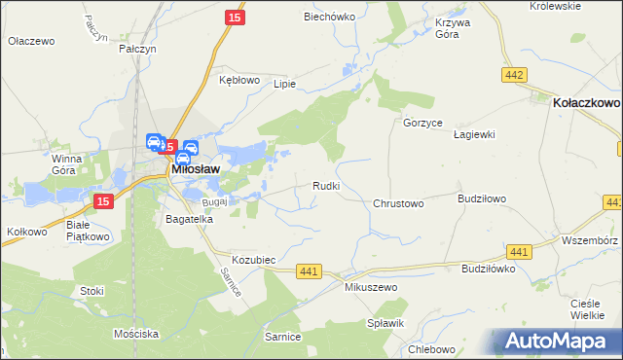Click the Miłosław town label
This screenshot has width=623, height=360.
coord(200,168)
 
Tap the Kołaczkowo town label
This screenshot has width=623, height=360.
coord(586,100)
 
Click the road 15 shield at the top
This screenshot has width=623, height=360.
coord(234,18)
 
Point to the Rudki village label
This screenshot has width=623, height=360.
coord(325,186)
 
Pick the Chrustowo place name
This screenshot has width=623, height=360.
coord(398,204)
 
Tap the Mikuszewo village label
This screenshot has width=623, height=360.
coord(372,289)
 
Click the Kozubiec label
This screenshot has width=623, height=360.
coord(255,261)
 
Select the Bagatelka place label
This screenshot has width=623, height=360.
coord(189,220)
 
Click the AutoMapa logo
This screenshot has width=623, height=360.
coord(559,342)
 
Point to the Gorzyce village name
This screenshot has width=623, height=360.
coord(423,124)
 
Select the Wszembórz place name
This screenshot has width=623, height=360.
coord(590,239)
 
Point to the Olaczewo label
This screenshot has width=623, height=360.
coord(32,42)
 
